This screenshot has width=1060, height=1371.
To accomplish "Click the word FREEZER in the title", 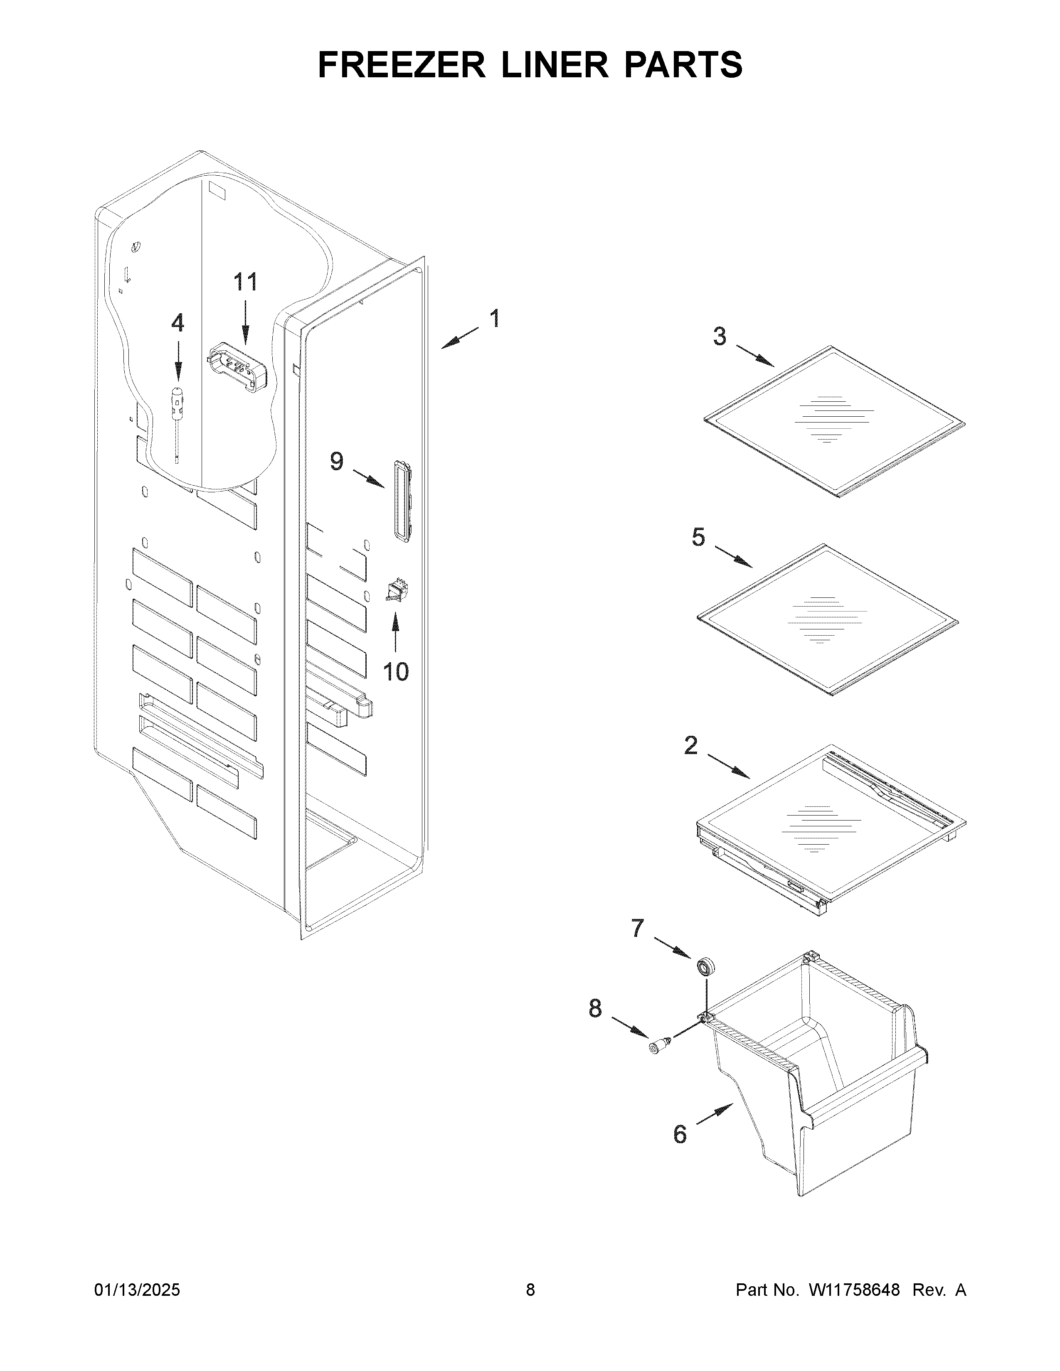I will tap(402, 65).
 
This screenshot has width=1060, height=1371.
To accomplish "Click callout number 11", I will tap(246, 283).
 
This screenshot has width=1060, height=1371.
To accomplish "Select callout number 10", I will tap(396, 672).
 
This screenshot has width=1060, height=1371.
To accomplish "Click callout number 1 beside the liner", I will tap(495, 319).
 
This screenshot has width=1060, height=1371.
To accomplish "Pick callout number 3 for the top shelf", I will tap(720, 337).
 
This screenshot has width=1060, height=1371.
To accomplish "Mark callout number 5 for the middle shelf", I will tap(698, 537).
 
